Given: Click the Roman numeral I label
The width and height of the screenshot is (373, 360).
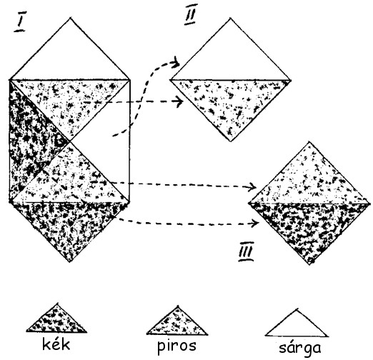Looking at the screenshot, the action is pos(20,21).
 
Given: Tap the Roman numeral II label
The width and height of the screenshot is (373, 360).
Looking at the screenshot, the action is pos(191,14).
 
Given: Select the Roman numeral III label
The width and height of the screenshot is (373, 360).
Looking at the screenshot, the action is pos(246,251).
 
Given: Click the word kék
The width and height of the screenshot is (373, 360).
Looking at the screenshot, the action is pos(56,344).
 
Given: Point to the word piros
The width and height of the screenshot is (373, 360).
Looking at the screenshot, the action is pos(176,346).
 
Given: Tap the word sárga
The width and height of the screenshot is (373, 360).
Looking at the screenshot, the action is pos(300,348).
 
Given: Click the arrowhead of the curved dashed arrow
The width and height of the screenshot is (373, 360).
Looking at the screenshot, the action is pos(176,63).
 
